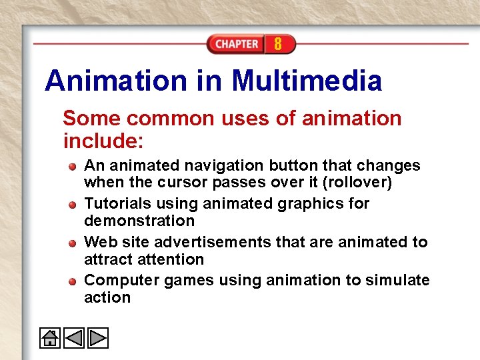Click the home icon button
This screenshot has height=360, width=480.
[x=50, y=338]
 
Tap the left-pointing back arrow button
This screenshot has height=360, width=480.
[x=74, y=338]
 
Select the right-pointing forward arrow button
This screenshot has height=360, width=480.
[x=98, y=338]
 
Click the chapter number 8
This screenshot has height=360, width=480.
[x=277, y=45]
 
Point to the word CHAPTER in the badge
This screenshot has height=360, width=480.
[x=237, y=45]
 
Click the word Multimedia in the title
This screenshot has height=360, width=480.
[x=307, y=81]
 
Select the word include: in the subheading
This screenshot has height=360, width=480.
[x=103, y=141]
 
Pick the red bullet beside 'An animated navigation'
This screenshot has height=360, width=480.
[x=73, y=165]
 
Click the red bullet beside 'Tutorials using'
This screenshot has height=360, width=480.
[x=73, y=203]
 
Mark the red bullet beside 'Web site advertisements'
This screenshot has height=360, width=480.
[x=73, y=242]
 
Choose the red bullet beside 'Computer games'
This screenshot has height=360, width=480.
[x=73, y=280]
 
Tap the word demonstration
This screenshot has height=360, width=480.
[x=139, y=221]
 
